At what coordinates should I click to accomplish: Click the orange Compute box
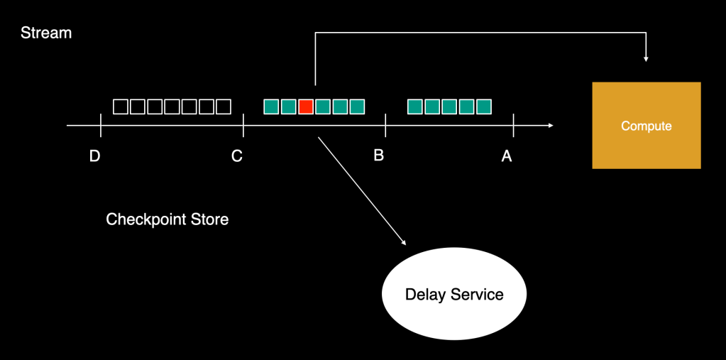(x=646, y=126)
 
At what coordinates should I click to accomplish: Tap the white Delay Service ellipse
(x=454, y=294)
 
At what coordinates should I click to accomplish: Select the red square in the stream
(x=306, y=107)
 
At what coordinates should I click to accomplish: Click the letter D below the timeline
(x=94, y=156)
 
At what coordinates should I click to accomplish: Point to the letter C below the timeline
(x=237, y=156)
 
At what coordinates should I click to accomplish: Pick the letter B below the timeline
(x=379, y=155)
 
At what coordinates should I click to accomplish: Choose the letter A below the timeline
(x=507, y=156)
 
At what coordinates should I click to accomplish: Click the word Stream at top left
(x=46, y=33)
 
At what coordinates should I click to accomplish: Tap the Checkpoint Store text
(x=167, y=219)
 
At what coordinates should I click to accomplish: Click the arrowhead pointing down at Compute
(x=646, y=58)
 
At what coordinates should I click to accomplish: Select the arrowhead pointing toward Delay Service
(x=403, y=242)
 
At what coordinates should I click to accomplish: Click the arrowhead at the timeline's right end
(x=550, y=126)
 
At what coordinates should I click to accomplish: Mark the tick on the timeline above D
(x=101, y=126)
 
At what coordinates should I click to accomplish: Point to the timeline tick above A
(x=513, y=126)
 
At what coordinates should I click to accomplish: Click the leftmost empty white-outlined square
(x=121, y=107)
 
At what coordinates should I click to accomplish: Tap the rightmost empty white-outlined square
(x=224, y=107)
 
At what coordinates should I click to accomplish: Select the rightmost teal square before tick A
(x=484, y=107)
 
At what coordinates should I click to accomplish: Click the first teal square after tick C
(x=271, y=107)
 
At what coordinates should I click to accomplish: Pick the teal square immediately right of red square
(x=323, y=107)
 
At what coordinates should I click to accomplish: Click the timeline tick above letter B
(x=385, y=126)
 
